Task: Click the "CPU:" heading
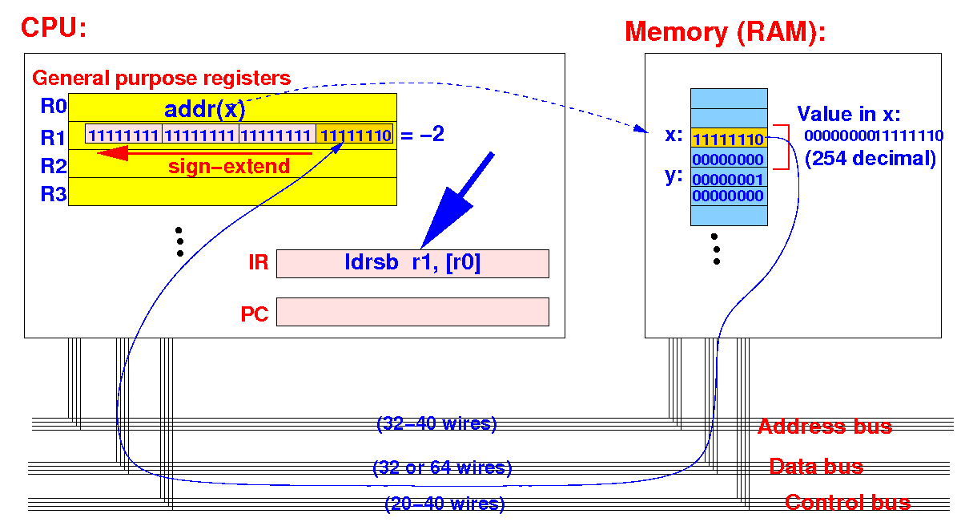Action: tap(54, 28)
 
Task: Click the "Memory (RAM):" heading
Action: tap(725, 33)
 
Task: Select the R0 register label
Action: tap(53, 106)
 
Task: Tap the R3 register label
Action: tap(53, 194)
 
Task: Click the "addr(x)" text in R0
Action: tap(205, 109)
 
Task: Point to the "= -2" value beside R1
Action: tap(422, 134)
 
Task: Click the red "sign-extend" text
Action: tap(229, 166)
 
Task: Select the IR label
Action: tap(258, 262)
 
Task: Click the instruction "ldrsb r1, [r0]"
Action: tap(412, 262)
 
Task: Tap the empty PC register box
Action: tap(412, 312)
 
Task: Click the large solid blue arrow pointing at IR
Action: tap(456, 200)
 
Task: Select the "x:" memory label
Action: tap(673, 135)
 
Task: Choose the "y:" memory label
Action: tap(673, 176)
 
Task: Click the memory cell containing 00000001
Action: tap(729, 178)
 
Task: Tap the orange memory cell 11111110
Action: tap(729, 138)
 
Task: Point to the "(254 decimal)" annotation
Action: tap(870, 159)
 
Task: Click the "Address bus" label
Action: tap(825, 427)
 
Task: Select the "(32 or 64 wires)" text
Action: tap(442, 467)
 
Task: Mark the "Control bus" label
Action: tap(847, 503)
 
